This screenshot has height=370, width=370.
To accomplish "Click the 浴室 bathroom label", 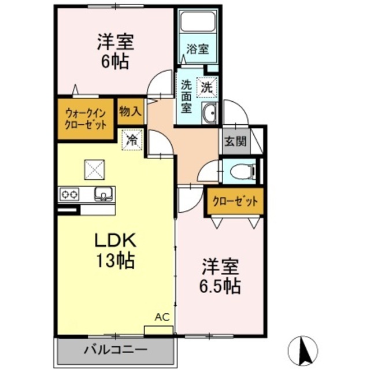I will [198, 49].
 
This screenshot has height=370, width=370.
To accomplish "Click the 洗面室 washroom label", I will [186, 95].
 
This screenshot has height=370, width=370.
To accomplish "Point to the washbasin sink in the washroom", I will [209, 113].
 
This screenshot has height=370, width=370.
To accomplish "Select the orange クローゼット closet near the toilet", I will [235, 202].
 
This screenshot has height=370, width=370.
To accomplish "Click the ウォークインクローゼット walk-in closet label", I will [85, 119].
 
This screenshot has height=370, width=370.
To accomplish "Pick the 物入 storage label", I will [130, 112].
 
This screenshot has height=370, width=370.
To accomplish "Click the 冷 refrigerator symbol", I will [132, 139].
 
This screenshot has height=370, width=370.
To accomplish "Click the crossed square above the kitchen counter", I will [93, 169].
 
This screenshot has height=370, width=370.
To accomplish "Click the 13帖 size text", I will [114, 261].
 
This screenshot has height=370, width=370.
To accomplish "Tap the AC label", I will [161, 317].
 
